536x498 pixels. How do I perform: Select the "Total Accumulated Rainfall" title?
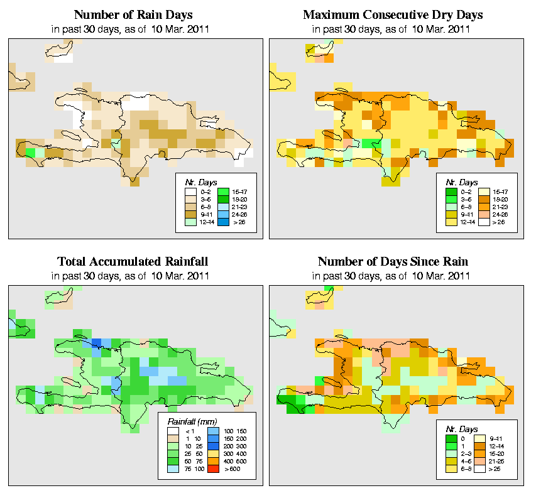[x=133, y=262]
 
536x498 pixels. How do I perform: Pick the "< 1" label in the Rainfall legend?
[x=188, y=431]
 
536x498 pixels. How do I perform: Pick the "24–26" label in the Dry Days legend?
[x=499, y=214]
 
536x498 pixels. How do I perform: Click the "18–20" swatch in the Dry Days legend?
[x=484, y=198]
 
